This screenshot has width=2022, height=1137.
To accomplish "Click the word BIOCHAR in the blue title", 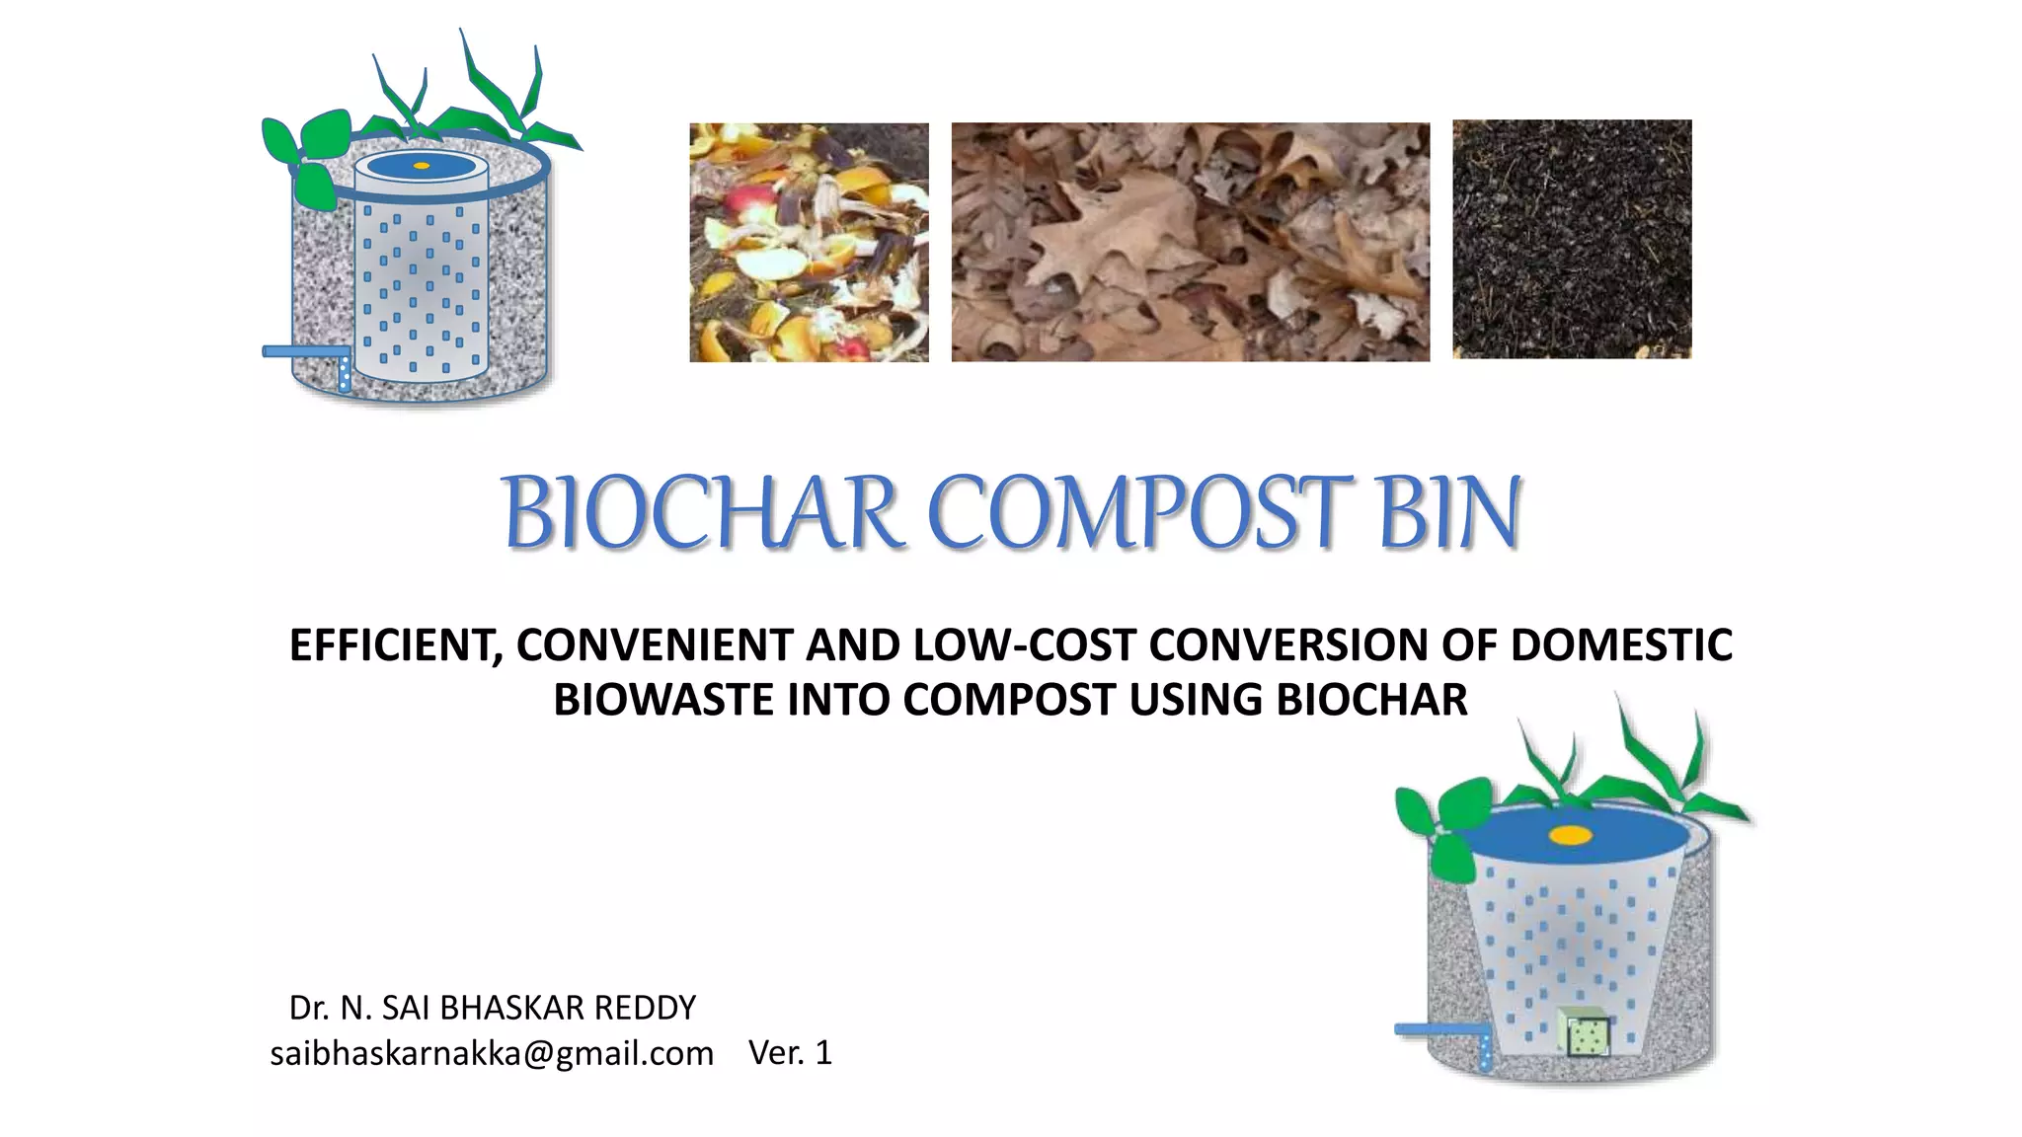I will (x=700, y=513).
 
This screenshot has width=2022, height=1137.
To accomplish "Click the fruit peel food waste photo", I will (x=809, y=242).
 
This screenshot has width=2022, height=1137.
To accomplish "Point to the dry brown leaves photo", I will (x=1190, y=242).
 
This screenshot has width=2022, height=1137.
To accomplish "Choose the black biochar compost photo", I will (x=1572, y=239).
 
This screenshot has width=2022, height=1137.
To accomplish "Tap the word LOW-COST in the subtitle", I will (x=1024, y=645).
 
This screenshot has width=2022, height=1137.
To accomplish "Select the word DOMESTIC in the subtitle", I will (x=1621, y=645).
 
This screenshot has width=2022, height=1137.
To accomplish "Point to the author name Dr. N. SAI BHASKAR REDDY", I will (x=492, y=1008).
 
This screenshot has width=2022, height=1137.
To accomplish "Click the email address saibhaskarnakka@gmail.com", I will (x=492, y=1053).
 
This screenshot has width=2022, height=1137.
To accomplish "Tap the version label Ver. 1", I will (x=790, y=1052).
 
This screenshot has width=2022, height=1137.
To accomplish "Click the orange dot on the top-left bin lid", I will (x=422, y=165).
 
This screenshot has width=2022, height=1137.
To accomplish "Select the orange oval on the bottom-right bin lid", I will (x=1570, y=835).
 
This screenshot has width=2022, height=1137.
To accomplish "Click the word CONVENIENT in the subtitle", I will (x=655, y=645).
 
